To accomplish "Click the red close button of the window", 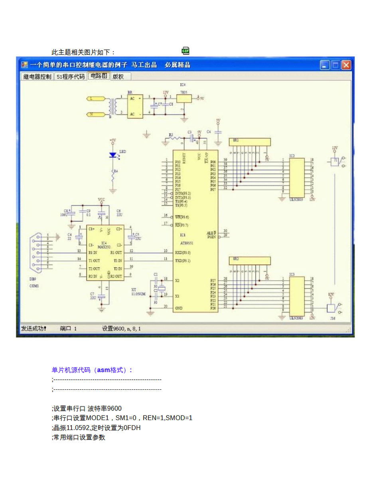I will click(x=346, y=65).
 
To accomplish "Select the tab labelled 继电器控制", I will click(x=37, y=77).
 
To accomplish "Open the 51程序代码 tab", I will click(x=71, y=77).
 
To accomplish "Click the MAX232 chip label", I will click(x=104, y=245).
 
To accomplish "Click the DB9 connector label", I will click(x=34, y=279).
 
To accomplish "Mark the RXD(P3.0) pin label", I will click(x=183, y=252).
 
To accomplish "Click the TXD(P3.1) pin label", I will click(x=183, y=260).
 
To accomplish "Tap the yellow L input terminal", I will click(x=96, y=98).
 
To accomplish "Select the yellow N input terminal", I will click(x=96, y=115).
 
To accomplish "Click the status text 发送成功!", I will click(x=34, y=329).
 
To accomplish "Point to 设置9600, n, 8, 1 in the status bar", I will click(x=121, y=329).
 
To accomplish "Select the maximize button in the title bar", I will click(x=336, y=65).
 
